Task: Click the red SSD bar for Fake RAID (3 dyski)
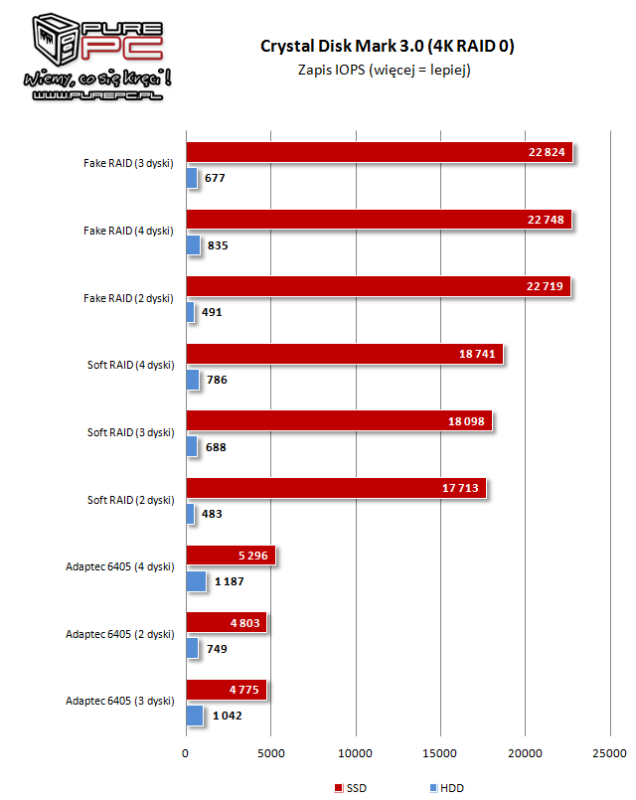379,152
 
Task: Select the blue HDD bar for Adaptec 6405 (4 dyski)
196,581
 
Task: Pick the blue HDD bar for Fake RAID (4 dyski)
193,244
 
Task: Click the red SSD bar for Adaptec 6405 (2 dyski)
226,622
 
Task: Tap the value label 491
212,312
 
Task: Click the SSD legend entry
353,787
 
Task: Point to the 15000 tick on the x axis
440,752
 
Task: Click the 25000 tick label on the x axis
609,752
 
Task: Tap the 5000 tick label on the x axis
270,752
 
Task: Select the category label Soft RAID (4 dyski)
130,365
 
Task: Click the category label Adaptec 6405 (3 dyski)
119,701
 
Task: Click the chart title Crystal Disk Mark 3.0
387,46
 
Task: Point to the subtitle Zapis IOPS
384,70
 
